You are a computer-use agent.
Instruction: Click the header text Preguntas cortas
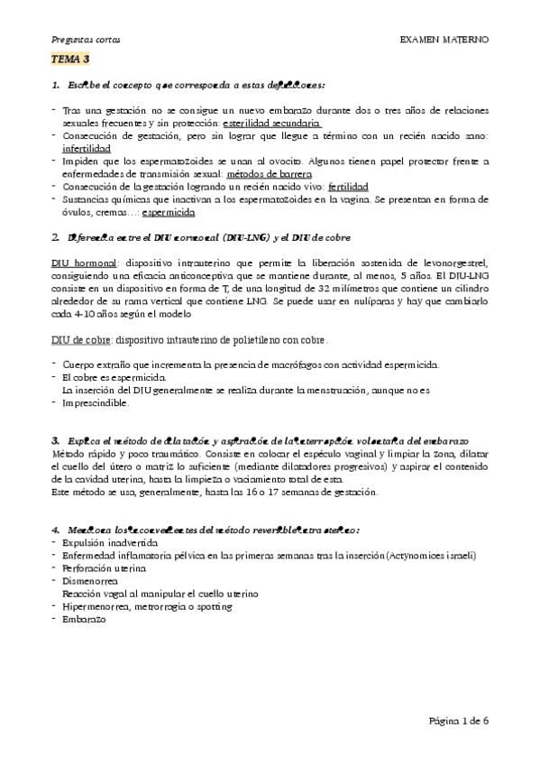click(x=83, y=41)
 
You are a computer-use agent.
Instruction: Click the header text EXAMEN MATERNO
click(x=444, y=41)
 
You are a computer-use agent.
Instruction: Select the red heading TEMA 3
click(x=69, y=60)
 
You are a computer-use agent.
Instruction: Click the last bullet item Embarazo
click(x=84, y=621)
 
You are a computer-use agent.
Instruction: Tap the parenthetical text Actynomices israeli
click(x=429, y=557)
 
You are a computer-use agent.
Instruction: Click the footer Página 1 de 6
click(x=458, y=722)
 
